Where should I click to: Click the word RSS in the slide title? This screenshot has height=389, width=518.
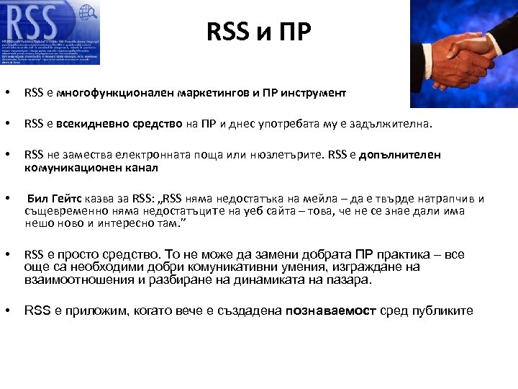pyautogui.click(x=223, y=32)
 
